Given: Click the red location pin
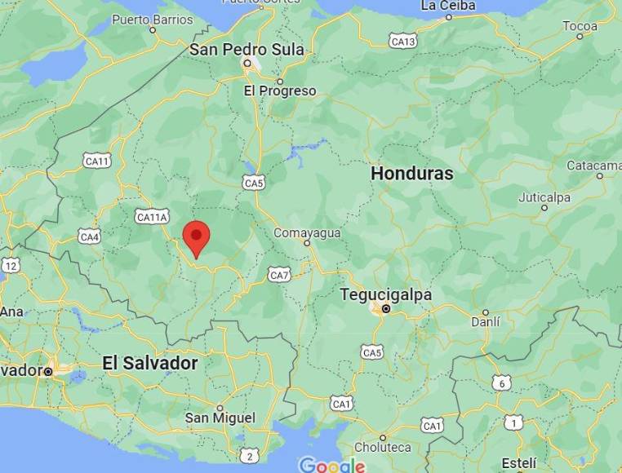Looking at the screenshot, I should pos(196,236).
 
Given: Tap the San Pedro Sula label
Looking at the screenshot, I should pos(247,50).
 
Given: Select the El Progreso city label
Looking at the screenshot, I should pos(280,91).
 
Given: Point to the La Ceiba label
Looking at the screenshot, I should pos(447,6).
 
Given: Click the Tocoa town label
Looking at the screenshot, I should pos(580,26).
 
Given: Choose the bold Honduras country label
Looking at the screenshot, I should pos(411,173).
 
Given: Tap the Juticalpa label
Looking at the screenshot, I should pos(544,197).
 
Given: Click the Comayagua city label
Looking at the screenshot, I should pos(307,232).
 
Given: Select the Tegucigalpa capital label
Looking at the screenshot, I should pos(385,294).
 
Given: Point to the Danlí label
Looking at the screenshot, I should pos(485,322).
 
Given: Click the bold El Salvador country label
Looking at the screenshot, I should pos(150,363).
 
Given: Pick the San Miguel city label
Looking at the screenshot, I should pos(220,418).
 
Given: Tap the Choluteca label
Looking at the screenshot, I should pos(382,447).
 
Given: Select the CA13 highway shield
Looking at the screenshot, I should pos(402,41).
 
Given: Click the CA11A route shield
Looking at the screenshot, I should pos(152,217).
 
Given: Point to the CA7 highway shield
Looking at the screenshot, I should pos(279,276).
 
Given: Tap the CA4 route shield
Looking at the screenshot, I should pos(89,236).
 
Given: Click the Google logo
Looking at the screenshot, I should pos(331,465).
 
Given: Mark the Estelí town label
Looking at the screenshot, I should pos(519,462).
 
